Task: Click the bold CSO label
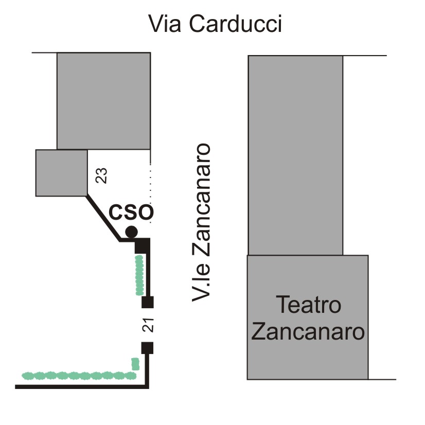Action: click(131, 213)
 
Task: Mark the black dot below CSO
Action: click(132, 232)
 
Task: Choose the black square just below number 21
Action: click(148, 348)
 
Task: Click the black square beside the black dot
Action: click(143, 246)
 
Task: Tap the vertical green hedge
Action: click(139, 276)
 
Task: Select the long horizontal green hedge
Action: click(77, 376)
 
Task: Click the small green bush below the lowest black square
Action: click(136, 364)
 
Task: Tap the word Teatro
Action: click(308, 305)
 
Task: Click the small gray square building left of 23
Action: click(61, 173)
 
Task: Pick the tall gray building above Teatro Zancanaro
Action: click(295, 155)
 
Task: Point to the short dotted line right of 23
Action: click(150, 180)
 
